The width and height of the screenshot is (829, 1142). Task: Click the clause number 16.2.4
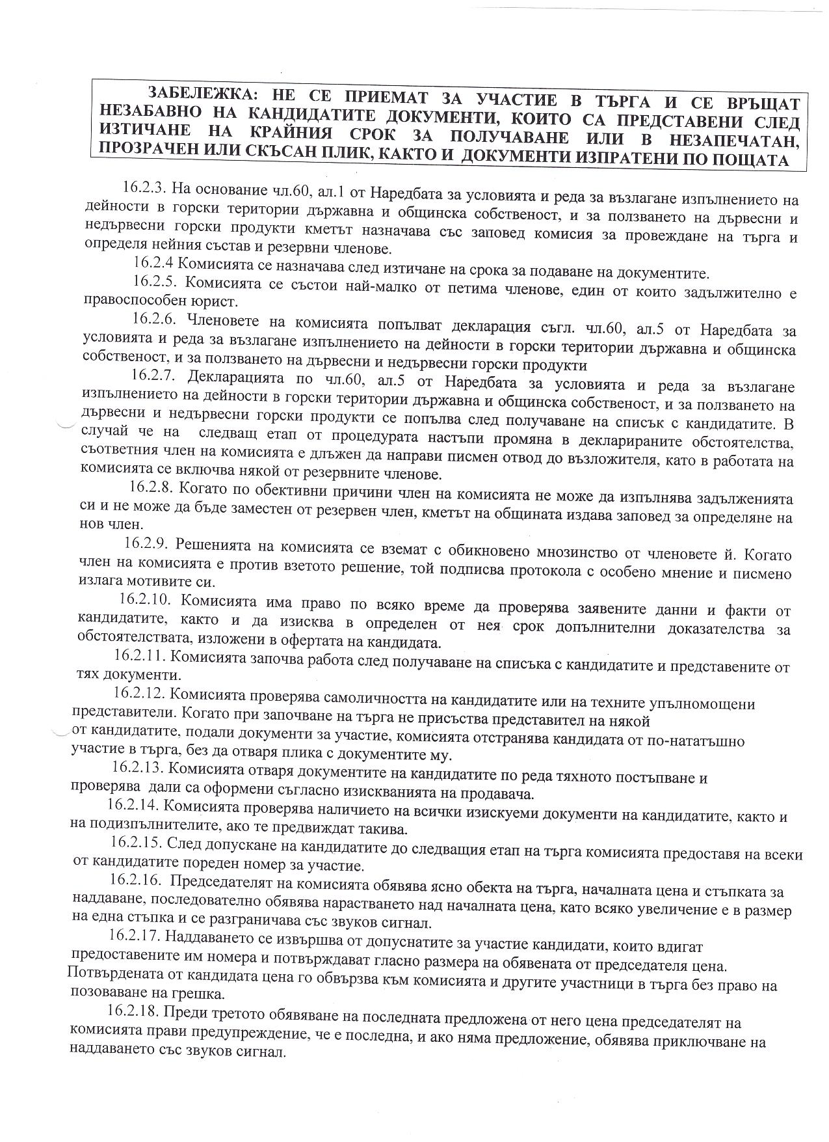click(x=155, y=263)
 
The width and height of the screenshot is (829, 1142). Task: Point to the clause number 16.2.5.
click(x=157, y=282)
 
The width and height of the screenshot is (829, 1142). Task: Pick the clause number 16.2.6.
click(x=156, y=319)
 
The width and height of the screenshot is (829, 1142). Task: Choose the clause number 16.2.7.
click(x=155, y=375)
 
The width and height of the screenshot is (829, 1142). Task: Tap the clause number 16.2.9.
click(x=148, y=542)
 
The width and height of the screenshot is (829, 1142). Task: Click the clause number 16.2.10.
click(x=145, y=599)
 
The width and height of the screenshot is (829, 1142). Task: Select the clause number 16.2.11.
click(x=140, y=655)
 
